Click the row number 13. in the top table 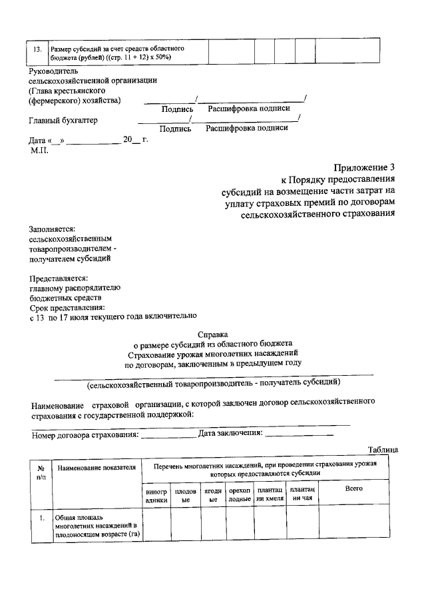pos(37,50)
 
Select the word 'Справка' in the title pos(213,335)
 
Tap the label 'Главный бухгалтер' pos(63,121)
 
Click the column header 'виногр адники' pos(156,494)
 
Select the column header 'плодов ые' pos(186,494)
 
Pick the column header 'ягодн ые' pos(213,494)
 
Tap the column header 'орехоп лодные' pos(240,494)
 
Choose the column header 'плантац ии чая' pos(302,494)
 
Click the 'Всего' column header pos(353,490)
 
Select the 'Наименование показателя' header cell pos(97,468)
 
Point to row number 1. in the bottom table pos(41,518)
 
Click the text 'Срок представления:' pos(67,307)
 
